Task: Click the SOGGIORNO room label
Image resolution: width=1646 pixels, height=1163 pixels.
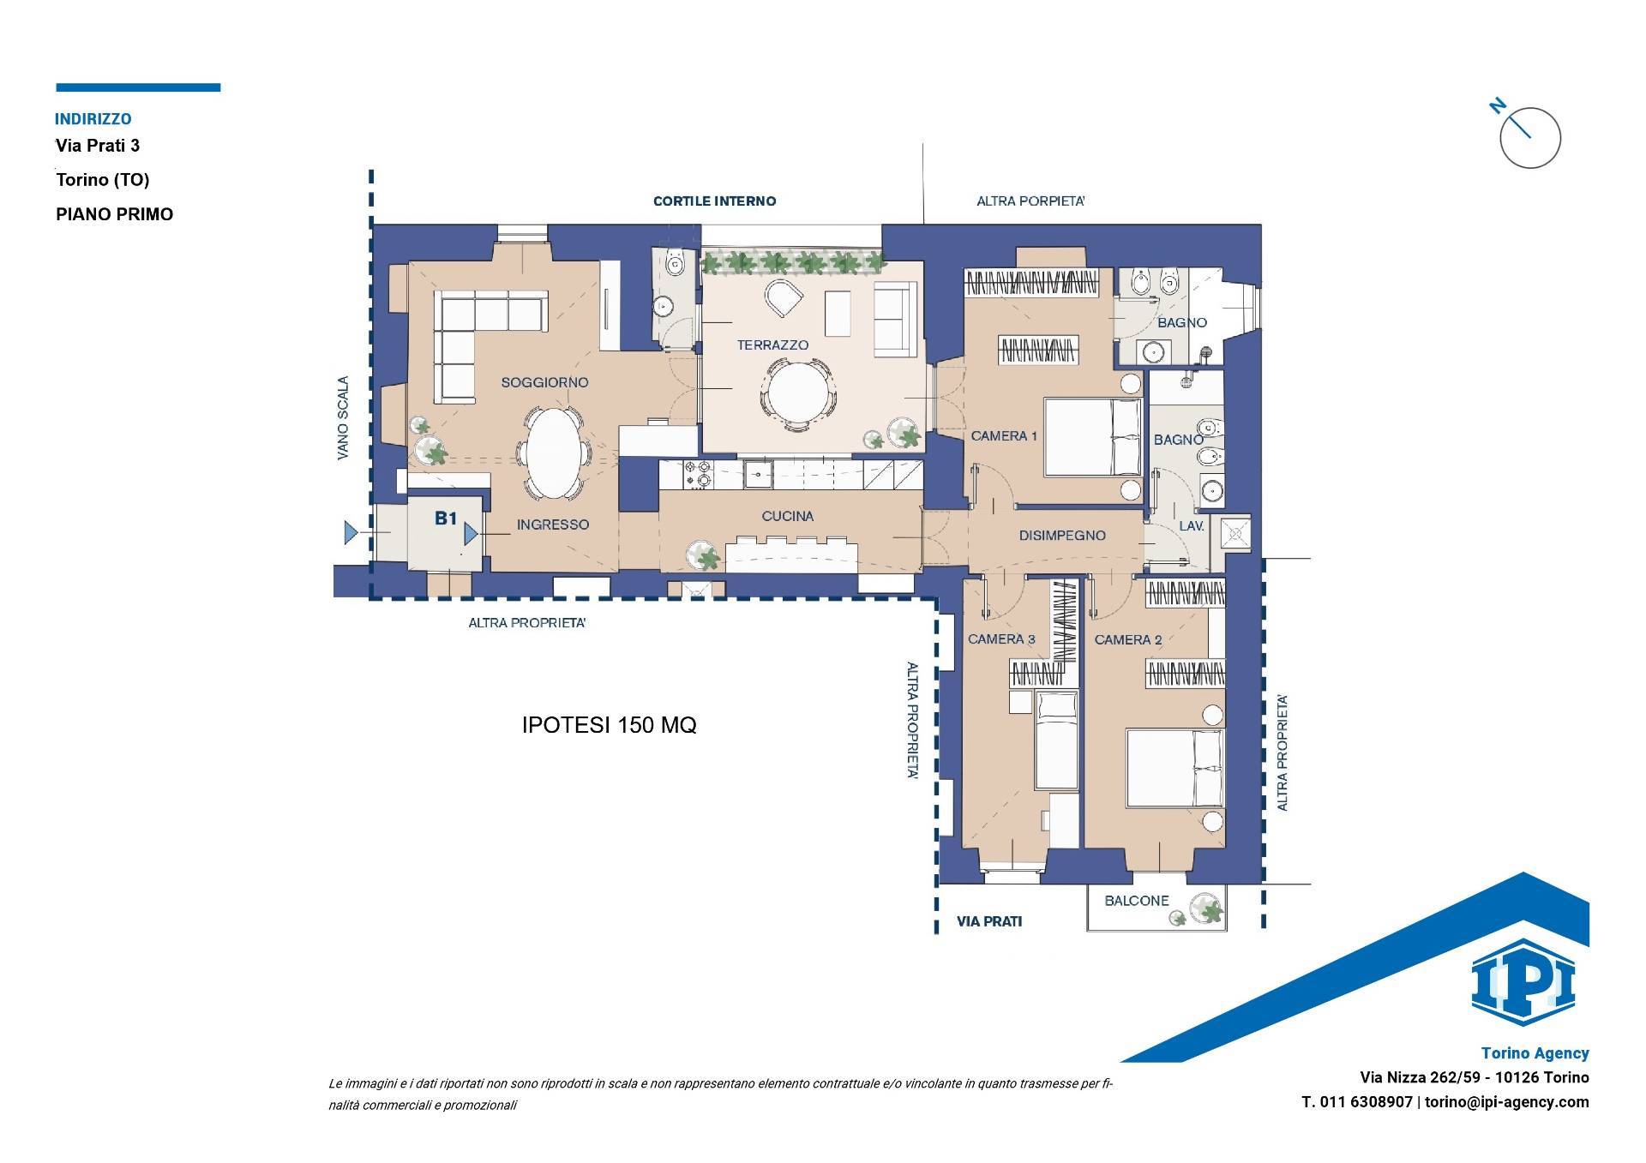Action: pos(544,382)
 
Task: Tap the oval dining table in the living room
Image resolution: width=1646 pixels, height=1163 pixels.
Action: pos(552,451)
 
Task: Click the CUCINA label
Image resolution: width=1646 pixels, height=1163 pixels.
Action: pos(787,516)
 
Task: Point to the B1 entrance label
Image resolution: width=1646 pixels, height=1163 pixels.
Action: pos(445,518)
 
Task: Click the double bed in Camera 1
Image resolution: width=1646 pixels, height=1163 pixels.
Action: pos(1093,437)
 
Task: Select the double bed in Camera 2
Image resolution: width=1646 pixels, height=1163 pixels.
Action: pos(1174,768)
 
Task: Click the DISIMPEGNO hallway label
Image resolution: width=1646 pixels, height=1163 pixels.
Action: pos(1062,536)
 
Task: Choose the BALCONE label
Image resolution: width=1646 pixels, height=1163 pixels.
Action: pos(1137,901)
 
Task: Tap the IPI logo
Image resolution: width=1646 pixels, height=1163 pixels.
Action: pos(1523,982)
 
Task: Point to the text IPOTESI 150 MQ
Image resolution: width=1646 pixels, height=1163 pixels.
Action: pos(609,725)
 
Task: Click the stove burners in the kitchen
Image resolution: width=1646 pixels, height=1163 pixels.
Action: pos(697,474)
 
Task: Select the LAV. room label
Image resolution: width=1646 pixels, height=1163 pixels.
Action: pos(1192,525)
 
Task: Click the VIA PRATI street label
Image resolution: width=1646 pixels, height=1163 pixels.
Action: pos(989,922)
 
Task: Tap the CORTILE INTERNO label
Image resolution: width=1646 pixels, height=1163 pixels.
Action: pos(714,201)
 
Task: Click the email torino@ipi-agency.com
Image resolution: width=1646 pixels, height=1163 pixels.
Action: pos(1507,1102)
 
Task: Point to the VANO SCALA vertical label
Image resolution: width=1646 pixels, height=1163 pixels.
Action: pos(343,418)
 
